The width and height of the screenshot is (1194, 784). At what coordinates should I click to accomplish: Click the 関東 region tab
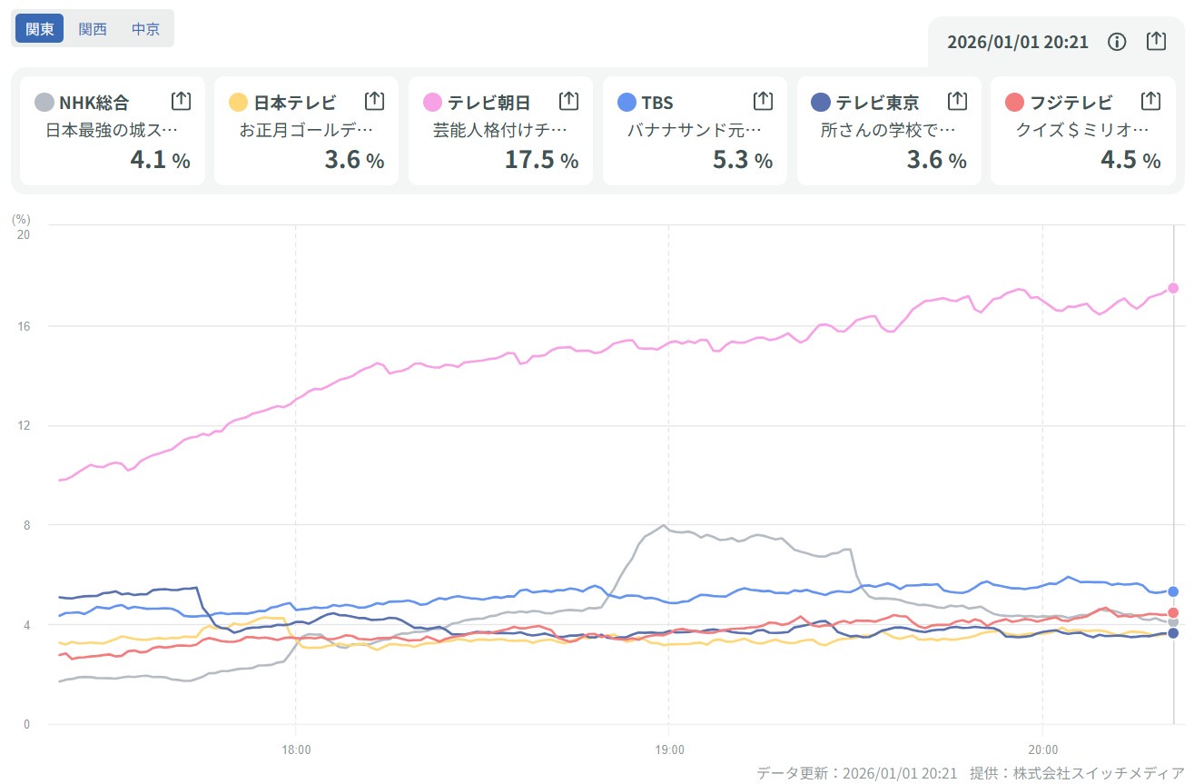(x=39, y=28)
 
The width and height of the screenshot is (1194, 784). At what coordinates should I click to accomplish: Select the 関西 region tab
(x=93, y=28)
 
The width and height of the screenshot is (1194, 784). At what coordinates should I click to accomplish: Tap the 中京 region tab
(x=145, y=28)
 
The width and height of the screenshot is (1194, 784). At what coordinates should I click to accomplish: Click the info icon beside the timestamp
(x=1118, y=42)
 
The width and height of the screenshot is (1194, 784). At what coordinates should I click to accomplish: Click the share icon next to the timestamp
(x=1156, y=42)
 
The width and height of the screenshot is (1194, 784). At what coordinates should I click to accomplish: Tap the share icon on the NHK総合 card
(x=181, y=101)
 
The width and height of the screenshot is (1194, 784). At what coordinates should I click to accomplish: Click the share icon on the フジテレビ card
(x=1150, y=101)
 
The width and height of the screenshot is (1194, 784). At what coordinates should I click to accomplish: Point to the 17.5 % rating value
(x=541, y=160)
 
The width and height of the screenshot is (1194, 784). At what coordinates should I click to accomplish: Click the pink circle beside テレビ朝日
(x=433, y=102)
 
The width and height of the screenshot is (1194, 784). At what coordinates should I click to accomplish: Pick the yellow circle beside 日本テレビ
(x=239, y=102)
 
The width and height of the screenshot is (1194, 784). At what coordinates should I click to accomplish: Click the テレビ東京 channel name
(x=877, y=102)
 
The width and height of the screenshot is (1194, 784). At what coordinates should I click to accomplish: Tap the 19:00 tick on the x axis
(x=668, y=750)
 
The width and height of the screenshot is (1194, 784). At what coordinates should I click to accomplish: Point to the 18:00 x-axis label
(x=295, y=750)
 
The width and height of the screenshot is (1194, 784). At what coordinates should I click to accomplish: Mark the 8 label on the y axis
(x=26, y=525)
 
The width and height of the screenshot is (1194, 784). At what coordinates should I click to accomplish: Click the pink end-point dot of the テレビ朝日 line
(x=1173, y=288)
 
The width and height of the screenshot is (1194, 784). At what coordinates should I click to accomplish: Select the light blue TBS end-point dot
(x=1173, y=591)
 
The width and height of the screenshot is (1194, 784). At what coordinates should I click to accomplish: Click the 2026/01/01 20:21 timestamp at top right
(x=1017, y=42)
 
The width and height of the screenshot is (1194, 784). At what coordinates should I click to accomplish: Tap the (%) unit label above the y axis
(x=21, y=219)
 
